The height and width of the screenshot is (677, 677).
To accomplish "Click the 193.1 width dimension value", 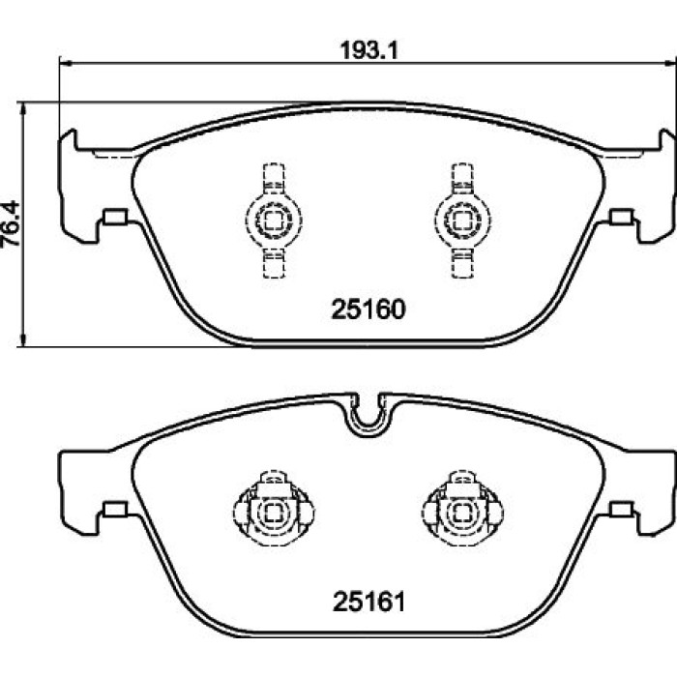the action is (368, 50).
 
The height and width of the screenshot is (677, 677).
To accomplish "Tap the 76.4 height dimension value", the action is (10, 223).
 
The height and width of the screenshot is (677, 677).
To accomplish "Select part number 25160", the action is (368, 309).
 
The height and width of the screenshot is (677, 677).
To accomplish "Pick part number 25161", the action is (369, 602).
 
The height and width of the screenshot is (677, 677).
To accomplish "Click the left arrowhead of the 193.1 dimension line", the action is (65, 64).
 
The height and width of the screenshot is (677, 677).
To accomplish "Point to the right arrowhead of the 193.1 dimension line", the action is (671, 64).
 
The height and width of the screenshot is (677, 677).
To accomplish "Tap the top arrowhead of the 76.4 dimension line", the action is (24, 108).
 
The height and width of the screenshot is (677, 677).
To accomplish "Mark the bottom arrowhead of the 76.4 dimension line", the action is (24, 340).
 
